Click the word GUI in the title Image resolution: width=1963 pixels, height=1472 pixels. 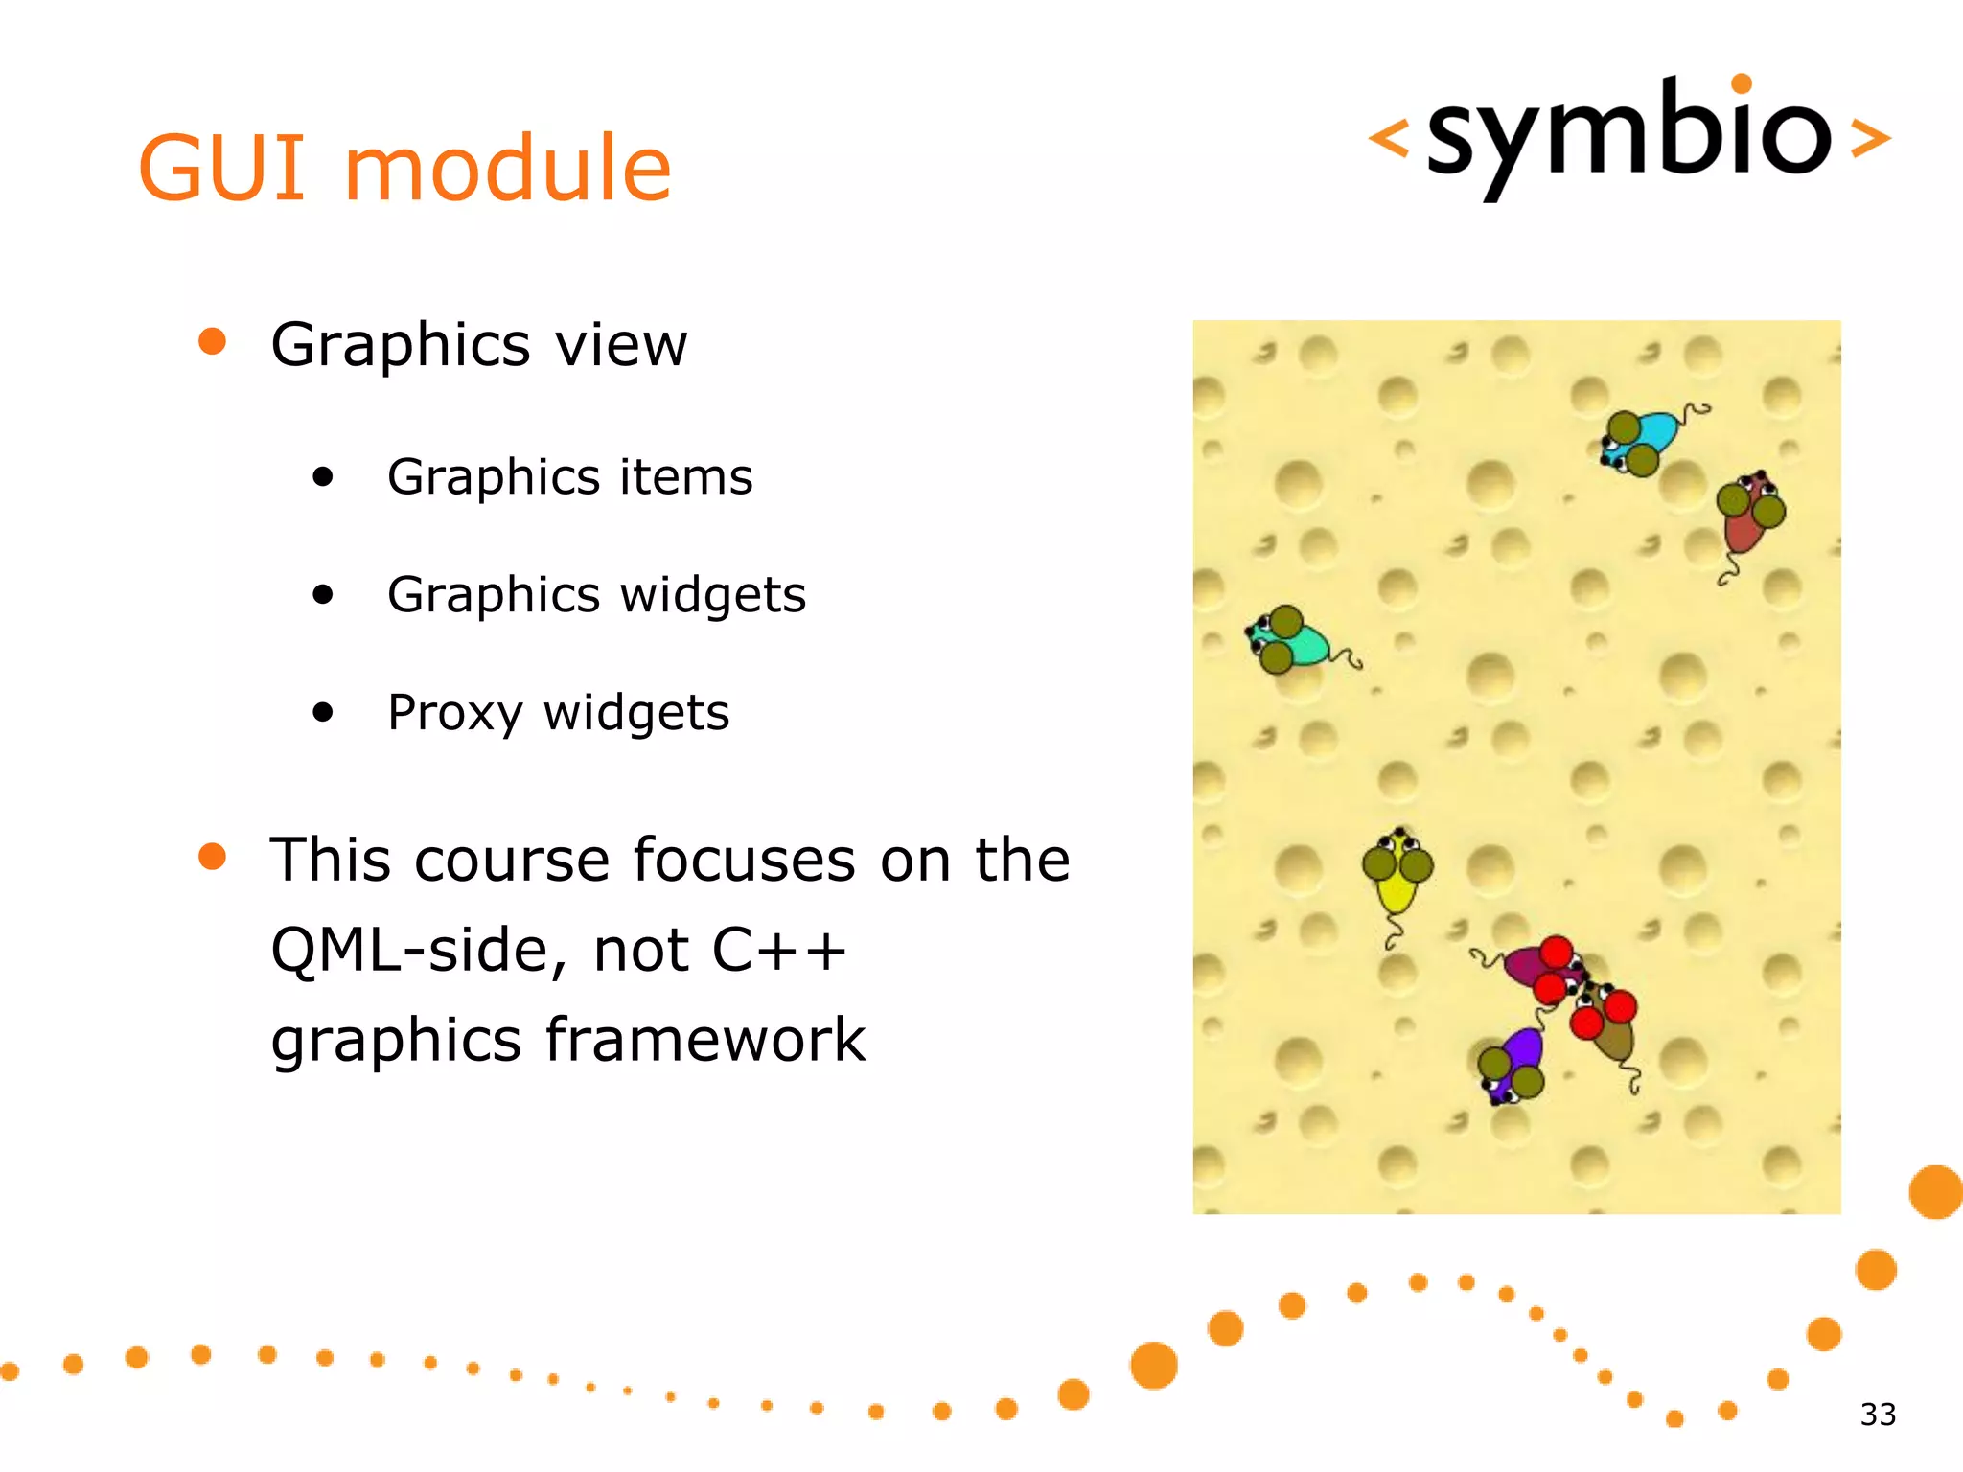[221, 169]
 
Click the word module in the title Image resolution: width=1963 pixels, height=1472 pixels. [507, 169]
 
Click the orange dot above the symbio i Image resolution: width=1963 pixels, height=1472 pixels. [1742, 83]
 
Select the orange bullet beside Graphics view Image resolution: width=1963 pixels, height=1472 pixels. [212, 341]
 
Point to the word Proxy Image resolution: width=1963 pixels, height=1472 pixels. [455, 713]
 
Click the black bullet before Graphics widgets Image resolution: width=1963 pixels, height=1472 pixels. [323, 595]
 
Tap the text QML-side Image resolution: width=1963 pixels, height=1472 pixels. [411, 950]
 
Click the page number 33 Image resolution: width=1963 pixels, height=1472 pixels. [1878, 1414]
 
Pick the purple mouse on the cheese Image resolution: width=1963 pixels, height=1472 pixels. [1515, 1064]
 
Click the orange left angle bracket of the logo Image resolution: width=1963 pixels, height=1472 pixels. [1388, 138]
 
